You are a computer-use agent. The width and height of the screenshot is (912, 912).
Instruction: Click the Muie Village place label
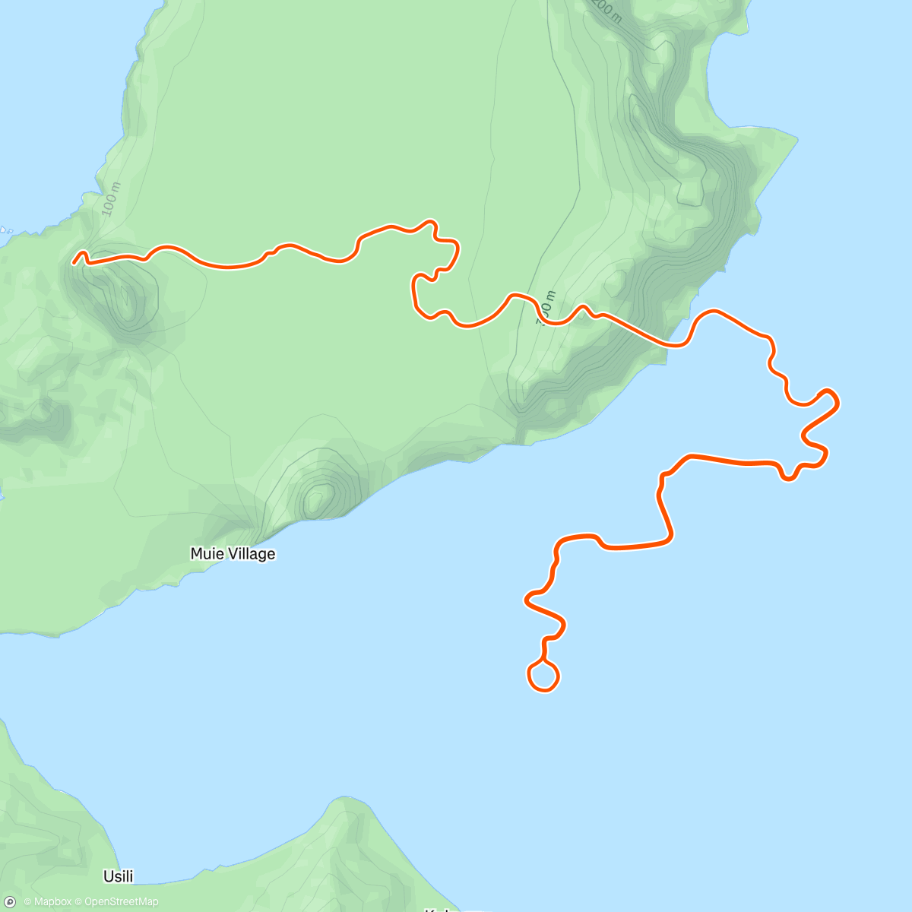[x=233, y=554]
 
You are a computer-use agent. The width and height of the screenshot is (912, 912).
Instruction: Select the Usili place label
[x=119, y=876]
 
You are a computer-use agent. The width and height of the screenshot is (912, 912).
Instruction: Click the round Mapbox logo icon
[x=11, y=901]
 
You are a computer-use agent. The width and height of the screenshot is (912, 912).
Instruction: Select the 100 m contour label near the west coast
[x=111, y=199]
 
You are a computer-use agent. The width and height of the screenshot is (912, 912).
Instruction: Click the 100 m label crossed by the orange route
[x=546, y=309]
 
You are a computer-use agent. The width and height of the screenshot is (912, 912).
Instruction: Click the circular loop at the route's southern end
[x=543, y=675]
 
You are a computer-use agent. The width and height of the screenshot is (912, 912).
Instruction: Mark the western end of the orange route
[x=74, y=262]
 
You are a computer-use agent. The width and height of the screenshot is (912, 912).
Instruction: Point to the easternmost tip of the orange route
[x=838, y=401]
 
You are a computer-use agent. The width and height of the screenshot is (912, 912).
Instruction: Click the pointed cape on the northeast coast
[x=796, y=139]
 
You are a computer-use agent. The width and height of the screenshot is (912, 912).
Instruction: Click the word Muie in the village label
[x=207, y=554]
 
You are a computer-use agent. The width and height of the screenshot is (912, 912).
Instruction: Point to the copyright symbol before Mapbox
[x=27, y=902]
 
